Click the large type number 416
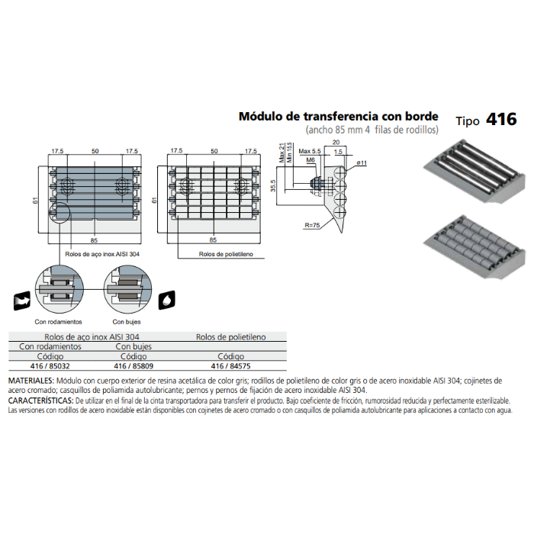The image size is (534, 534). click(501, 120)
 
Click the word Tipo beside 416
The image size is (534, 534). click(467, 121)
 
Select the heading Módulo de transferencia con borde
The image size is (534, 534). click(339, 116)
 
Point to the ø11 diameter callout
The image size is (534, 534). click(362, 163)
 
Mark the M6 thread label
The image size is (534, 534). click(310, 160)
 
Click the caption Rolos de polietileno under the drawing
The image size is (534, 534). click(226, 253)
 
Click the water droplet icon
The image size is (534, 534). click(170, 298)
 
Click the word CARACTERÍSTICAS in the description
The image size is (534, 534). click(40, 400)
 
